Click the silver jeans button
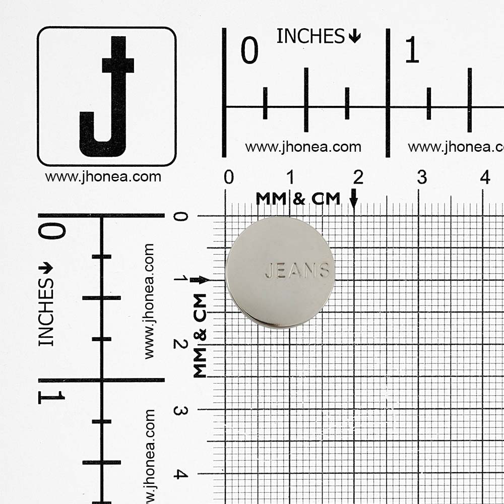[x=280, y=273]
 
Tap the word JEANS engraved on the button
[x=297, y=271]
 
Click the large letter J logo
[x=107, y=96]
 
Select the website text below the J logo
[x=103, y=177]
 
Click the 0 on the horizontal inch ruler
[x=249, y=50]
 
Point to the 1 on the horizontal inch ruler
[x=412, y=49]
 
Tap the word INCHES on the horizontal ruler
[x=310, y=36]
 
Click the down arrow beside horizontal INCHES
[x=354, y=36]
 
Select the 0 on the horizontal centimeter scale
[x=229, y=177]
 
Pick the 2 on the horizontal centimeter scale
[x=358, y=177]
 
